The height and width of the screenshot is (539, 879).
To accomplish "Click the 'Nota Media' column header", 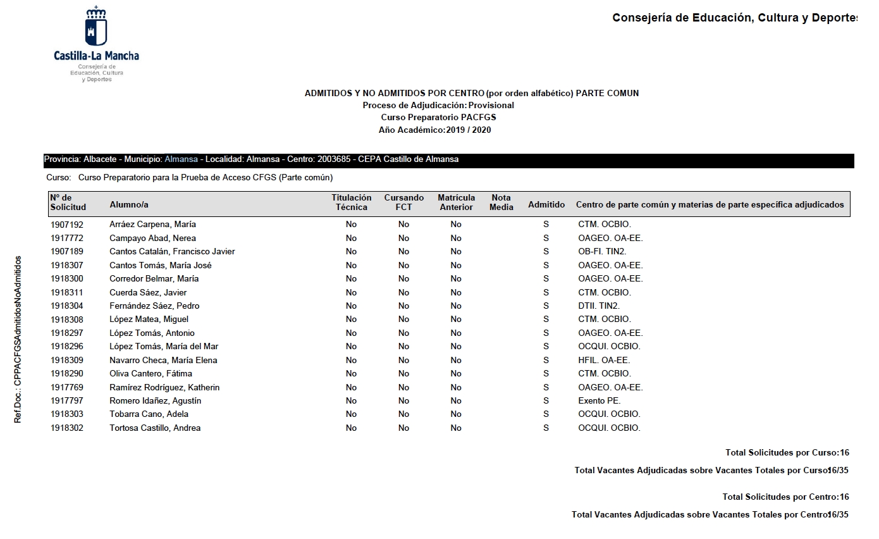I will point(501,202).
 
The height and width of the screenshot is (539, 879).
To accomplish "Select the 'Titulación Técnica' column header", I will point(351,202).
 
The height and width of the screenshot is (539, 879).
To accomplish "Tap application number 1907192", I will point(67,225).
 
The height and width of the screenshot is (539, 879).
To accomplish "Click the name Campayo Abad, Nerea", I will point(152,239).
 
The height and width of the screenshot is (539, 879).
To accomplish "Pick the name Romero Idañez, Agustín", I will point(155,401).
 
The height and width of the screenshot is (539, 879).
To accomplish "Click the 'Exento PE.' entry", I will point(599,401).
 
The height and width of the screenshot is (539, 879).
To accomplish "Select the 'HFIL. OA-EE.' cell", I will point(604,361).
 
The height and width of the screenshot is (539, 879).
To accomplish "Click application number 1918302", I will point(67,428).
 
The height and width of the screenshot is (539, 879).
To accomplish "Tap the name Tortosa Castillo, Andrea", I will point(155,428).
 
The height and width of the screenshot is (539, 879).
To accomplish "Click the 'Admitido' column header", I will point(546,205).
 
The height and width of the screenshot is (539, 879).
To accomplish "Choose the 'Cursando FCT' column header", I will point(403,202).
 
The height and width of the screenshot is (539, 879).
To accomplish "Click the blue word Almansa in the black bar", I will point(181,159).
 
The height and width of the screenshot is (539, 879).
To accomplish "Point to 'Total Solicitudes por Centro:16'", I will point(785,497).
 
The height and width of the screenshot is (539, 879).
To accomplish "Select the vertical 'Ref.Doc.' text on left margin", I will point(18,339).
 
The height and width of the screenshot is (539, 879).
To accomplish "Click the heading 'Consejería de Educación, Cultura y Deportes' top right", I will point(734,18).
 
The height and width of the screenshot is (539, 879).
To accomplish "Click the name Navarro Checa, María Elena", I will point(163,361).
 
